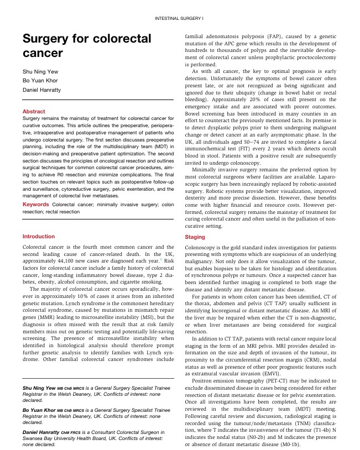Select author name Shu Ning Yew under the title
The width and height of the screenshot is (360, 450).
pos(40,71)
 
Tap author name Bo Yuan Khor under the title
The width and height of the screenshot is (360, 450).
pos(39,81)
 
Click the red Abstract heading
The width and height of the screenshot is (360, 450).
pos(34,112)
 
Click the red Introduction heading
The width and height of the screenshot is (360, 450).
pos(38,237)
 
